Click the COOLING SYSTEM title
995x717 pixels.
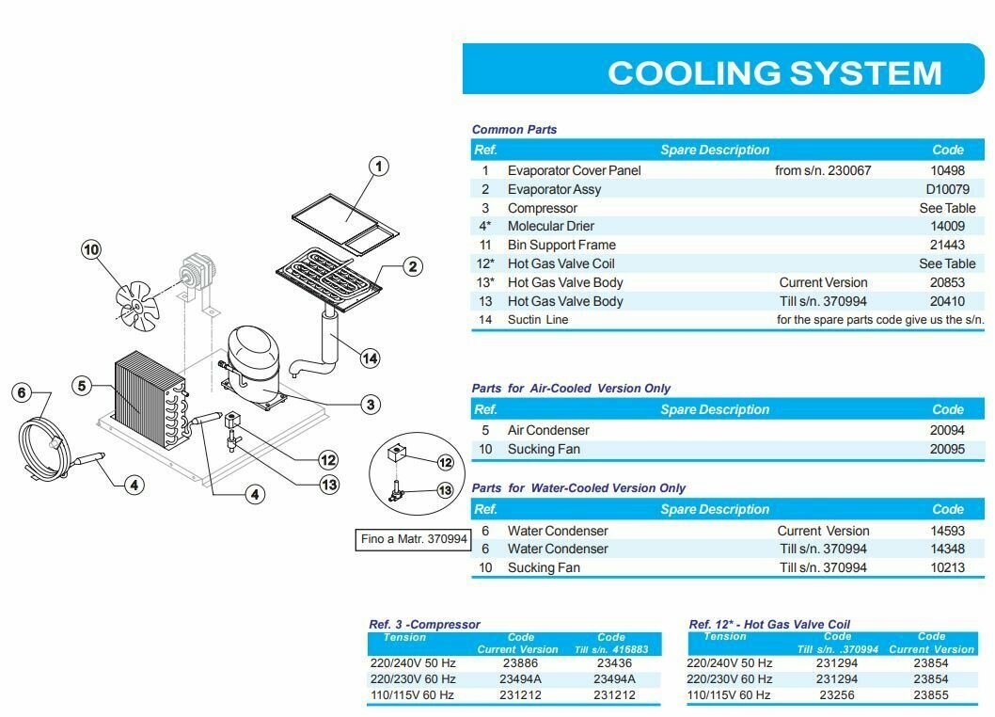coord(774,72)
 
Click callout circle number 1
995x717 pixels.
coord(377,167)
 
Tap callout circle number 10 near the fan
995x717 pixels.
coord(91,249)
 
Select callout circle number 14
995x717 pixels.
coord(370,358)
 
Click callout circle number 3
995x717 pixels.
coord(371,405)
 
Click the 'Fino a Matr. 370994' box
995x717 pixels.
coord(414,540)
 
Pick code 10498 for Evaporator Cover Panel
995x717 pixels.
coord(947,170)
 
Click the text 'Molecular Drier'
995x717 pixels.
coord(551,226)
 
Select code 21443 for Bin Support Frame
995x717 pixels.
coord(947,245)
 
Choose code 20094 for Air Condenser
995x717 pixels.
coord(947,430)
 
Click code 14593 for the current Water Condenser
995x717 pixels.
coord(947,531)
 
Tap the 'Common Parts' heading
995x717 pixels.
coord(514,130)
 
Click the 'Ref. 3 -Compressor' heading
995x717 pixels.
coord(424,624)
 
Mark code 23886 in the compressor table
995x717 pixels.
coord(518,662)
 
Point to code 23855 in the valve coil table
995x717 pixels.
coord(931,695)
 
